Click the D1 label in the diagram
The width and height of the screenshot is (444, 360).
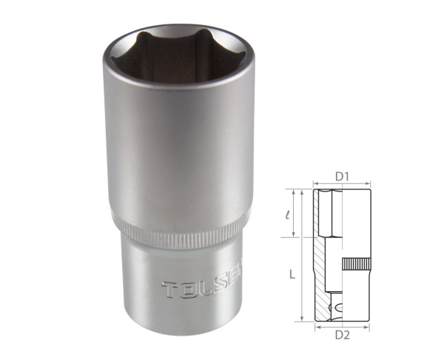tap(341, 176)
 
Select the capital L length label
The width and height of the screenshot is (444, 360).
tap(293, 274)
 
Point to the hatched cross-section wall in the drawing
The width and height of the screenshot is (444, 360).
tap(320, 259)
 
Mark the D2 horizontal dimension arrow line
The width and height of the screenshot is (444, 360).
tap(341, 326)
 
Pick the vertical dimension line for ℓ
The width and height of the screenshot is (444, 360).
tap(299, 214)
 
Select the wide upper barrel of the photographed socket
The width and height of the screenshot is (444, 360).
tap(178, 148)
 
